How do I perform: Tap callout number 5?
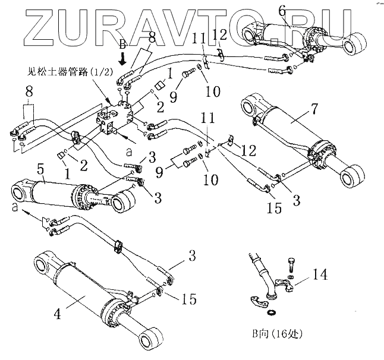[40, 169]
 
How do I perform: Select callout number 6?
[281, 10]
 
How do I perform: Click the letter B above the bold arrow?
[122, 44]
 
